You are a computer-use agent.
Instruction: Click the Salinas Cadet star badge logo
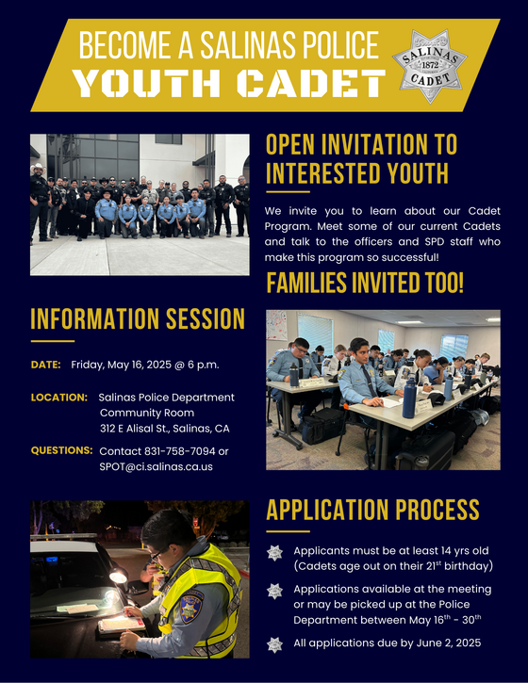[436, 58]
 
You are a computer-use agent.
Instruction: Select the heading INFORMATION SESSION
[138, 318]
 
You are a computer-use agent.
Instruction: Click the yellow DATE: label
[46, 364]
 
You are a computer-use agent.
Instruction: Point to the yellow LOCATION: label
[59, 397]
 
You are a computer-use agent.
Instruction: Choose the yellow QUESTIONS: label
[61, 450]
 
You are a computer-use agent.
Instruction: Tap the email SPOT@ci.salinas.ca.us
[156, 466]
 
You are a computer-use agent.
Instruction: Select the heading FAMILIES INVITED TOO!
[365, 283]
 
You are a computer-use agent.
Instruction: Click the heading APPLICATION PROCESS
[372, 510]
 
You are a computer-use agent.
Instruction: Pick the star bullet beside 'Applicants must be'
[274, 553]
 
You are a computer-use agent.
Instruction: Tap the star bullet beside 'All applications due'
[274, 644]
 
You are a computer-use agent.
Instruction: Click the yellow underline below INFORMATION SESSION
[53, 340]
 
